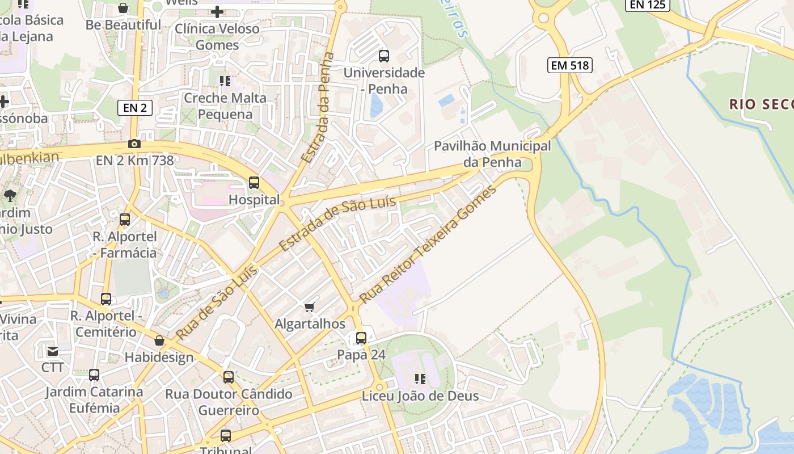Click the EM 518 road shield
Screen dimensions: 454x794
tap(571, 65)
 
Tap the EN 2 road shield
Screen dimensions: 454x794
tap(135, 108)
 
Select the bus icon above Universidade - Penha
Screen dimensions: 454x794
tap(384, 56)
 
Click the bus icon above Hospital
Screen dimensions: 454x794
tap(254, 183)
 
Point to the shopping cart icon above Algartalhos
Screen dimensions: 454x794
tap(309, 307)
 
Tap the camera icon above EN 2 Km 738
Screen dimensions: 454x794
tap(134, 144)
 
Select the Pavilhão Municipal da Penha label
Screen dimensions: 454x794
tap(492, 154)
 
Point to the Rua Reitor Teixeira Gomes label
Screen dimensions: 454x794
tap(428, 243)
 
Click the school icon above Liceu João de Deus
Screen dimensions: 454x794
tap(420, 379)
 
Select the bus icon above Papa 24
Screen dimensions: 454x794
tap(361, 338)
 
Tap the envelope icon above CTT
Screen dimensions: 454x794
tap(53, 351)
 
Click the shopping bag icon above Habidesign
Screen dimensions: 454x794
tap(159, 340)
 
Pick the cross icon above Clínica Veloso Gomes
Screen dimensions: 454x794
tap(217, 11)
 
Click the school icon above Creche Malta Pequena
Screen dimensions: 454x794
tap(225, 81)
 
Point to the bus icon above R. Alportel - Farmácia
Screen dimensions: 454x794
tap(125, 220)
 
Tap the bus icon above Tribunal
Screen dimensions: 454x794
tap(226, 436)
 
